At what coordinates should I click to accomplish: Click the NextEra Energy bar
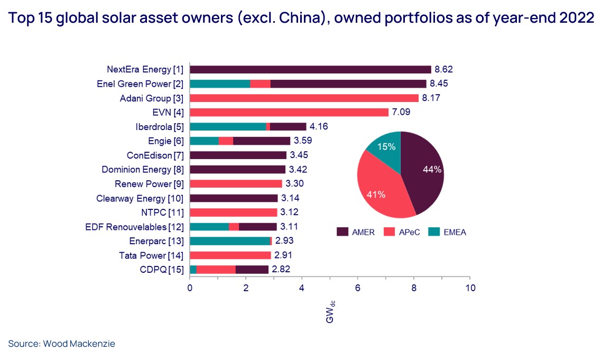[x=310, y=69]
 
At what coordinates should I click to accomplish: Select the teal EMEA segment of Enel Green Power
[x=219, y=84]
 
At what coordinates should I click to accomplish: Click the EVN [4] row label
[x=169, y=112]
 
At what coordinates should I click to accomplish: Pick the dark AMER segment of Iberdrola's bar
[x=288, y=126]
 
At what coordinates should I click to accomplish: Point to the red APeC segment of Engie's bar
[x=226, y=141]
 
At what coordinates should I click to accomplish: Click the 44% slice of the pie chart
[x=423, y=174]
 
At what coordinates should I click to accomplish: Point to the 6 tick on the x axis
[x=358, y=288]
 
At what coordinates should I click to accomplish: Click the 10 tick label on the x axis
[x=469, y=288]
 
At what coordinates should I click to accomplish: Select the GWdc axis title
[x=330, y=313]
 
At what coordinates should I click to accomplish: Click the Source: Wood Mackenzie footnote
[x=61, y=344]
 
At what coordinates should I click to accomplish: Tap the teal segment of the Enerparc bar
[x=229, y=241]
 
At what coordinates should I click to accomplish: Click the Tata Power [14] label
[x=153, y=255]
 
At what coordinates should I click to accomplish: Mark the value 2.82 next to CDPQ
[x=281, y=270]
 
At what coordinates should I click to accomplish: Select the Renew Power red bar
[x=236, y=184]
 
